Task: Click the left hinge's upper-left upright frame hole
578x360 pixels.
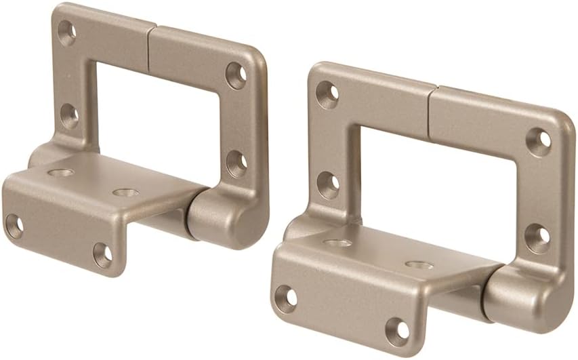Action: [x=66, y=33]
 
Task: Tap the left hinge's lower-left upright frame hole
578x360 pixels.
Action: [x=68, y=116]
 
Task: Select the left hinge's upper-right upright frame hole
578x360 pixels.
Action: [x=235, y=75]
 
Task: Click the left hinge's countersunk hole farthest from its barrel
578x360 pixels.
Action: [x=61, y=172]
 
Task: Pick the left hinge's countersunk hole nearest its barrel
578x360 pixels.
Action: [x=125, y=193]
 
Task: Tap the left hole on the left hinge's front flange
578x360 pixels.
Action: [x=14, y=226]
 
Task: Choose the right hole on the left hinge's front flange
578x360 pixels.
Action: [x=102, y=255]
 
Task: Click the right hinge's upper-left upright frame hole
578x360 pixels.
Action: [x=327, y=95]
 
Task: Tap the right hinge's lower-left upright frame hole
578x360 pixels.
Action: [x=328, y=184]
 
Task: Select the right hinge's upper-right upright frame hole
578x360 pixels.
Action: [x=539, y=142]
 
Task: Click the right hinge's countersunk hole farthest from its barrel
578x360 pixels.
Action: [x=337, y=242]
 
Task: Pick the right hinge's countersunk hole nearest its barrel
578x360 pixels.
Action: [x=419, y=264]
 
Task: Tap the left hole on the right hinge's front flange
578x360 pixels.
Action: [x=286, y=298]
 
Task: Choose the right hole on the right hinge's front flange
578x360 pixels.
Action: [x=397, y=332]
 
